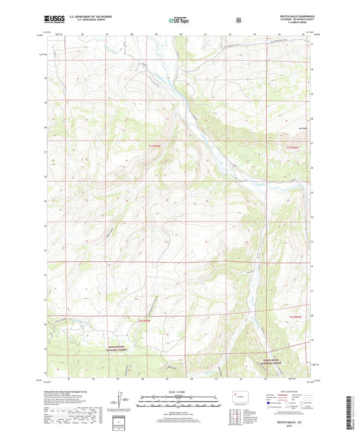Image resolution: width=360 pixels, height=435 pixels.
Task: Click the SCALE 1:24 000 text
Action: (x=180, y=392)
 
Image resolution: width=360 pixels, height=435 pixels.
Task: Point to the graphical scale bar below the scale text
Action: (x=180, y=399)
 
